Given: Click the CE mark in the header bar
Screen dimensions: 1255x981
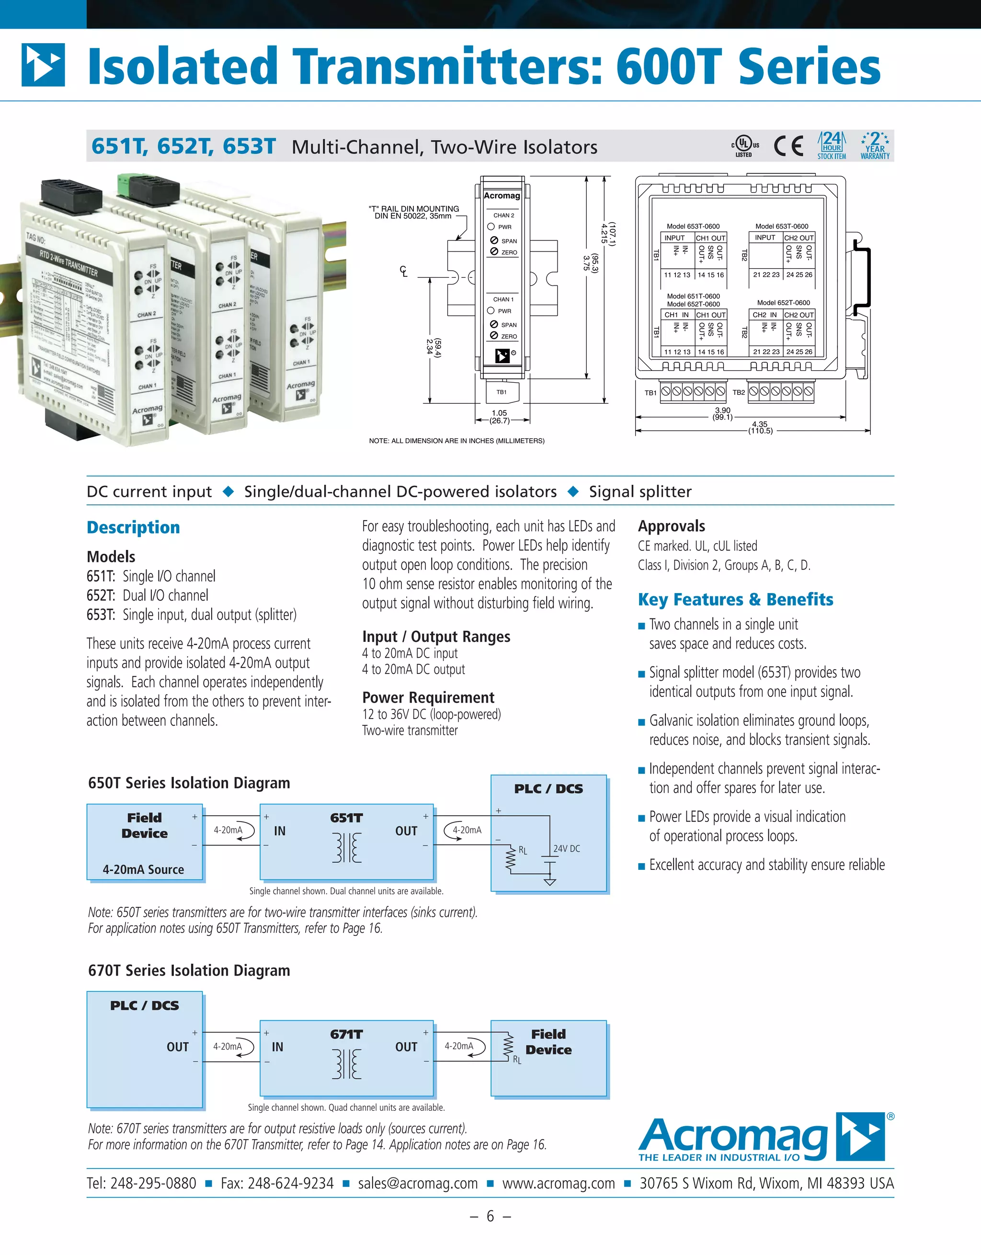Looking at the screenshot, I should tap(788, 146).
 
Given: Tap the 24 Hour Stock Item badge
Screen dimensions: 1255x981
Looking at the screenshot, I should tap(832, 146).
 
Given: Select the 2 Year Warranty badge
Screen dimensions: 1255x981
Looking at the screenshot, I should tap(875, 146).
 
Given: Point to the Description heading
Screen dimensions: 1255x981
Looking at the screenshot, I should tap(133, 527).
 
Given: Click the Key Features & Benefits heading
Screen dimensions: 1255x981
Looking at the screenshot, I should tap(735, 599).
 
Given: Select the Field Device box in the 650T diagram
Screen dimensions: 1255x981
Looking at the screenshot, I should tap(145, 842).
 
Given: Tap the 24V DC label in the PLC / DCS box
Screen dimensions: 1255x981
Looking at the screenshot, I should tap(567, 849).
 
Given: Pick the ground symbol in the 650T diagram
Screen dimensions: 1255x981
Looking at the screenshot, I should tap(550, 881).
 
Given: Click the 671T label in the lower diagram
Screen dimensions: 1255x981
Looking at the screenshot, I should tap(346, 1034).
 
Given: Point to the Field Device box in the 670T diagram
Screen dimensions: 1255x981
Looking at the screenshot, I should tap(549, 1058).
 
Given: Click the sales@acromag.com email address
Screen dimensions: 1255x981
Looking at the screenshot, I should tap(418, 1184).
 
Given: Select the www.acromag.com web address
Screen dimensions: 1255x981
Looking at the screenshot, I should tap(559, 1184).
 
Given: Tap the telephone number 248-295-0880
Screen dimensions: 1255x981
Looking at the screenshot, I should tap(153, 1184).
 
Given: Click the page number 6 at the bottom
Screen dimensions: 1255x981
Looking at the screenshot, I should tap(490, 1217).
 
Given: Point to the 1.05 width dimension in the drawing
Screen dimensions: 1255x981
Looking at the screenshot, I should tap(500, 412).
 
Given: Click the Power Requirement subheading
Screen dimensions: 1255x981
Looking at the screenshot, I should tap(428, 697).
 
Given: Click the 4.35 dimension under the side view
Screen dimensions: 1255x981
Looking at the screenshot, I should tap(760, 424).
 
